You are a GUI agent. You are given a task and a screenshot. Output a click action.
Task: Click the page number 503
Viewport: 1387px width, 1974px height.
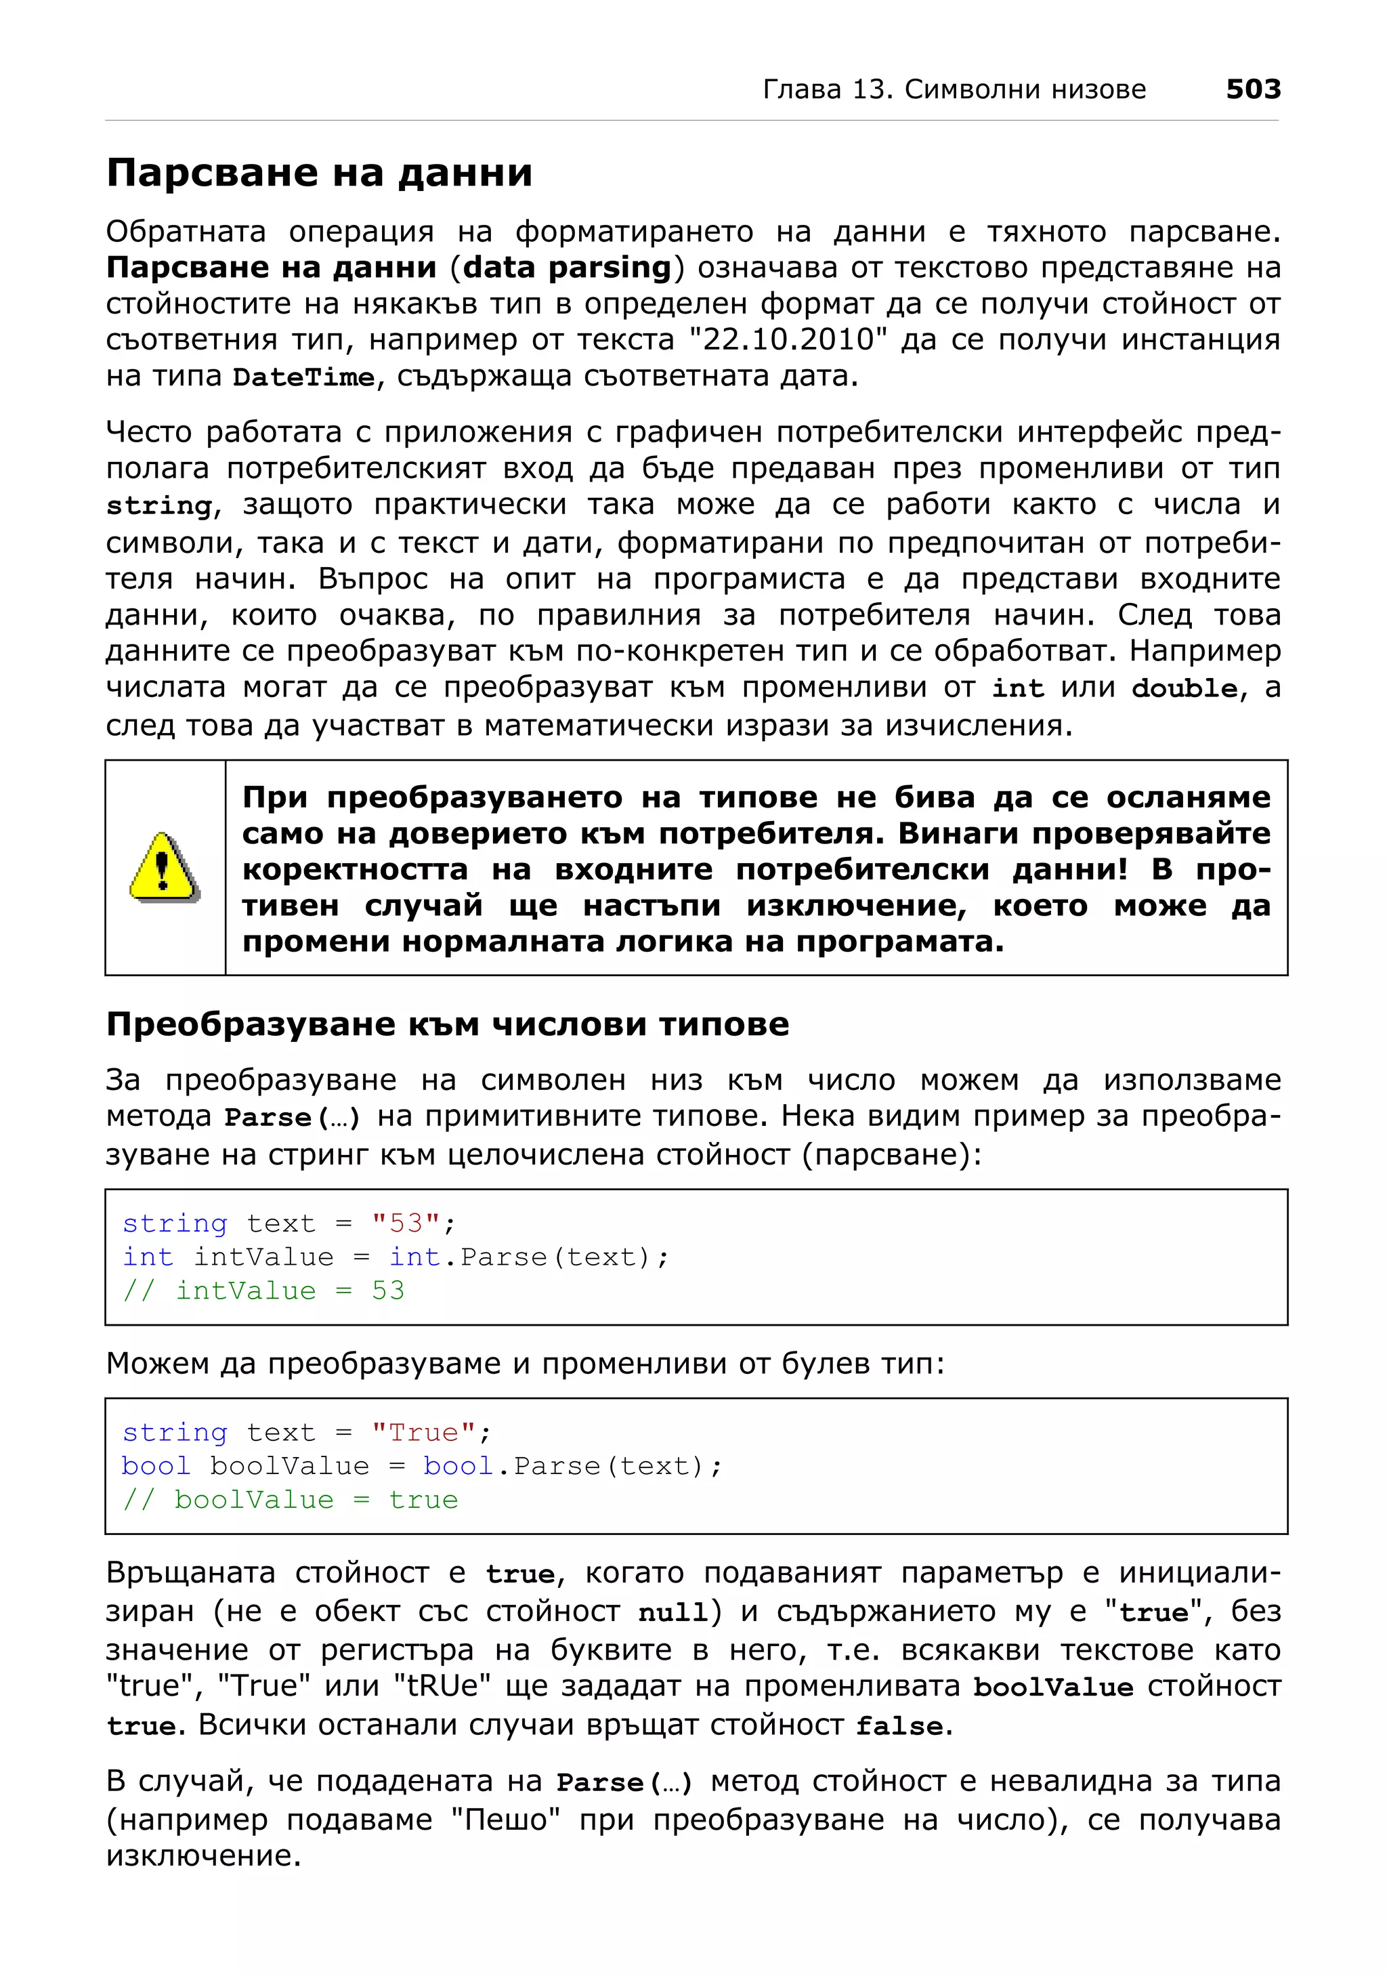click(x=1252, y=89)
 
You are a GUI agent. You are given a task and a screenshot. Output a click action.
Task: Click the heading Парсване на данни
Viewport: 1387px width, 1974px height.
click(x=319, y=173)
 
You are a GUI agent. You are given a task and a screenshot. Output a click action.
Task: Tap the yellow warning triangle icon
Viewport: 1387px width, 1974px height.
click(x=164, y=868)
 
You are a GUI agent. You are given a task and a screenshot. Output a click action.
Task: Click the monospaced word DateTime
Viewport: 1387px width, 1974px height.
click(x=303, y=377)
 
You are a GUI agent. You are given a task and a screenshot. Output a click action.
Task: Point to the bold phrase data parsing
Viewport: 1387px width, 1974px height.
click(x=567, y=268)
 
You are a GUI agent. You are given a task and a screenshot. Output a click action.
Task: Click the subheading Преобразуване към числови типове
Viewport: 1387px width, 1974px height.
click(x=447, y=1024)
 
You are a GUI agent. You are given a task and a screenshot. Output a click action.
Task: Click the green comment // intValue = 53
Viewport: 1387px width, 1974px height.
click(x=263, y=1290)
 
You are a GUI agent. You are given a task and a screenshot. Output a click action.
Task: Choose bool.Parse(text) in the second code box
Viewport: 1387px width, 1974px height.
click(x=572, y=1466)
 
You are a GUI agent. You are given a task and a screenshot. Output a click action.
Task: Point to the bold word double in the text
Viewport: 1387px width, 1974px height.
click(x=1183, y=689)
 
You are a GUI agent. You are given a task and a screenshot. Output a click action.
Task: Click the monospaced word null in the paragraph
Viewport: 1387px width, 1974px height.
click(x=673, y=1613)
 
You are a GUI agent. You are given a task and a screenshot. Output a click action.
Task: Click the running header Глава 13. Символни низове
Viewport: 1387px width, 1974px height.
click(x=954, y=89)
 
